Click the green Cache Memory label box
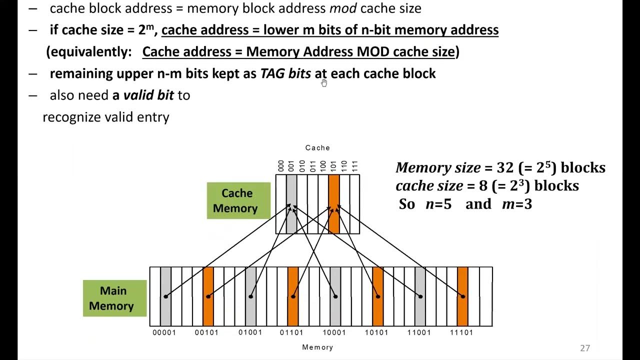[x=238, y=200]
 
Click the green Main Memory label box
[x=114, y=298]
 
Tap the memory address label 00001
[x=164, y=332]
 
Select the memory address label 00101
[x=206, y=332]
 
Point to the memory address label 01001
[x=250, y=332]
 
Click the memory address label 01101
[x=292, y=332]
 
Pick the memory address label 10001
[x=334, y=332]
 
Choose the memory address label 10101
[x=377, y=332]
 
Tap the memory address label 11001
[x=419, y=332]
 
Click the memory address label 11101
[x=462, y=332]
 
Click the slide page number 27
[x=585, y=348]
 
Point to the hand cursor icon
[x=324, y=83]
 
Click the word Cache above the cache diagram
[x=317, y=148]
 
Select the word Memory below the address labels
[x=317, y=347]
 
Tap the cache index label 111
[x=354, y=166]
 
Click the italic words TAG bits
[x=285, y=73]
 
